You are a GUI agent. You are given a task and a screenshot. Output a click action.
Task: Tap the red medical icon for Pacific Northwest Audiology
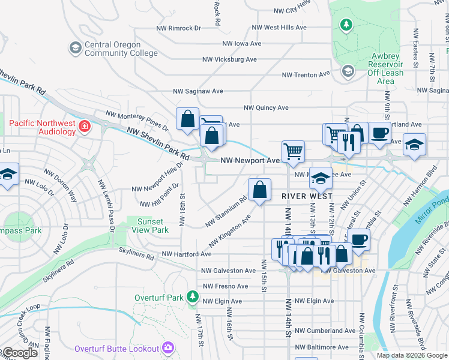point(85,126)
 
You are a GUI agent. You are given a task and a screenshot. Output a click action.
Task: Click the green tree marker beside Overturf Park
point(192,297)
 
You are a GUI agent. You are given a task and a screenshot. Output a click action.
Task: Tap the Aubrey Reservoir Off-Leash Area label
point(385,68)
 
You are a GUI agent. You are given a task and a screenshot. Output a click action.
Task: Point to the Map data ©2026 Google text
point(412,355)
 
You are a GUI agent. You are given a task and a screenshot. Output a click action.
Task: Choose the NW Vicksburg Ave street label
point(229,59)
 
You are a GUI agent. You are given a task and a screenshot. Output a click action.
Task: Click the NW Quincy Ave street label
point(266,108)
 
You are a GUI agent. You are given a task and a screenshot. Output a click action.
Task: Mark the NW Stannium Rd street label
point(226,213)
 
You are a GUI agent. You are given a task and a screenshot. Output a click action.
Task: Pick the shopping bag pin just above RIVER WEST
point(259,190)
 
